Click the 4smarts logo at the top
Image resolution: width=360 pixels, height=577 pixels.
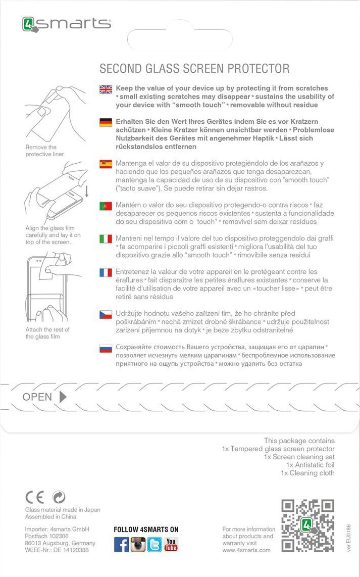[x=66, y=24]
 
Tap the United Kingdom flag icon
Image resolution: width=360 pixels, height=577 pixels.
[x=106, y=89]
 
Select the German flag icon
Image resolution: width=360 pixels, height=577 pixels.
[x=106, y=123]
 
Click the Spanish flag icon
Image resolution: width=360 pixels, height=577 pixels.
[x=106, y=164]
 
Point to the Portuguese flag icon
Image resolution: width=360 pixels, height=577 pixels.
[x=106, y=206]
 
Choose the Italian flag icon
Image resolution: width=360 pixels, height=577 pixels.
[x=106, y=239]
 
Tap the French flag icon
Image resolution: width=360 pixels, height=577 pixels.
[x=106, y=273]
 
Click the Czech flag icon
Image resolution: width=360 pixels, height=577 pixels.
[x=106, y=315]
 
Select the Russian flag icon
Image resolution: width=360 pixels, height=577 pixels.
[x=106, y=348]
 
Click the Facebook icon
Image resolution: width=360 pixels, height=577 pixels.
[x=121, y=544]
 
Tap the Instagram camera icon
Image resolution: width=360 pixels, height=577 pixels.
[x=138, y=544]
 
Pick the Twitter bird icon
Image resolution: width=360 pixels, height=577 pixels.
[x=155, y=544]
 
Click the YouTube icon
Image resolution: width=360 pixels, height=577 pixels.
[x=171, y=544]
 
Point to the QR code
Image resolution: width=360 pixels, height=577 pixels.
[x=307, y=526]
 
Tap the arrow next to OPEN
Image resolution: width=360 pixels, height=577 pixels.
[x=63, y=397]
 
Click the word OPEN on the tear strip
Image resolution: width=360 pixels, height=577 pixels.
[x=37, y=397]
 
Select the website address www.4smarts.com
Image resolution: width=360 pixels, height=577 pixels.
[x=246, y=550]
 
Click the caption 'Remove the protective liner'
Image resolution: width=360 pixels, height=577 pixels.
[x=45, y=151]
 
